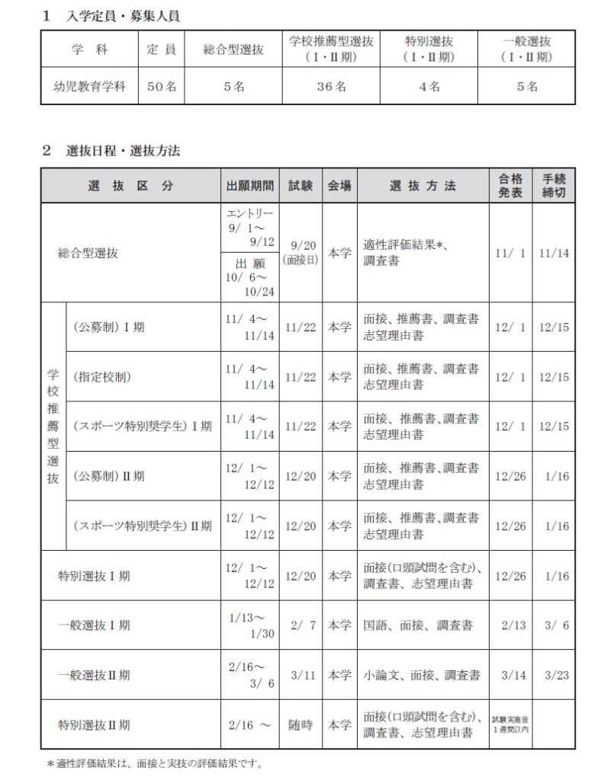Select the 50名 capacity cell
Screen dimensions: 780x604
coord(161,87)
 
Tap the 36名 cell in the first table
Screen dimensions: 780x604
coord(332,87)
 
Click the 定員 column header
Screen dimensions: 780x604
coord(161,50)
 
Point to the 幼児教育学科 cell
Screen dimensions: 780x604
coord(89,87)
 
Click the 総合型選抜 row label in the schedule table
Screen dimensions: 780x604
coord(88,254)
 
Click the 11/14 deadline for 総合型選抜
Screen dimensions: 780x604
coord(554,254)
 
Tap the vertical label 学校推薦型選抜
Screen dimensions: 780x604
coord(53,427)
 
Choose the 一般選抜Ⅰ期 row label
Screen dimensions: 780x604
coord(94,625)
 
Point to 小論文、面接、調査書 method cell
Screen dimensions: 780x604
coord(422,674)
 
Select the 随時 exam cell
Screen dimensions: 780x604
coord(301,724)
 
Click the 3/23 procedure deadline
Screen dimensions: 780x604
coord(554,674)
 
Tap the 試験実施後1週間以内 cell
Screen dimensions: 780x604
coord(510,724)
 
